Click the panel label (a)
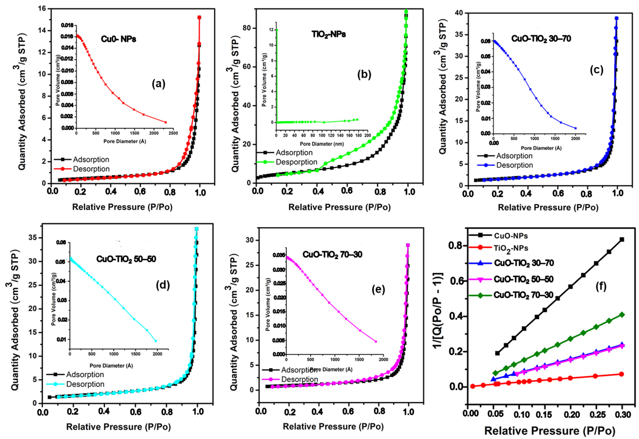pos(159,84)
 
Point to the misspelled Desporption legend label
pos(296,162)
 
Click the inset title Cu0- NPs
pos(118,39)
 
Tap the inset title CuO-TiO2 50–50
pos(126,259)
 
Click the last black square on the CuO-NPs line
pos(622,239)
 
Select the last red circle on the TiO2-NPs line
pos(621,374)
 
